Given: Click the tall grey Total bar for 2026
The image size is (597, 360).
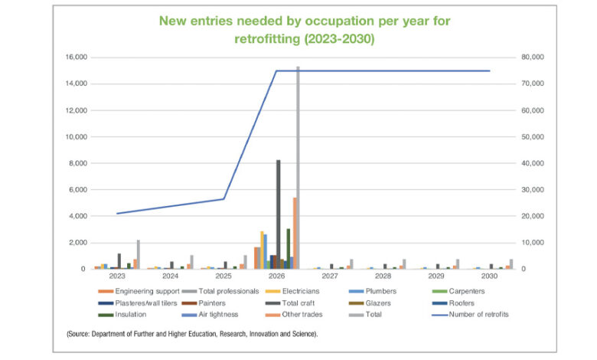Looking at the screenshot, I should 298,169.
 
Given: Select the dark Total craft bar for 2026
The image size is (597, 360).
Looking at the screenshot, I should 278,214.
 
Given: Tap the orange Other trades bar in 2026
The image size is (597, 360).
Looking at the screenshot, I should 295,234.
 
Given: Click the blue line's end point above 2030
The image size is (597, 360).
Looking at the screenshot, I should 490,70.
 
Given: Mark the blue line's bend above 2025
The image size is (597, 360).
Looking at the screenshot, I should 223,199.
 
